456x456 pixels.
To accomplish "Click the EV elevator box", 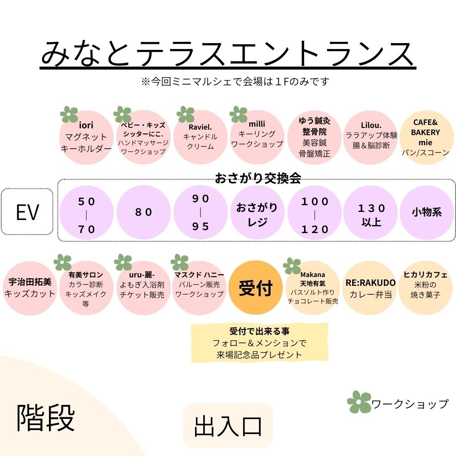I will point(27,212).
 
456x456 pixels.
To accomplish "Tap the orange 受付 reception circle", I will point(255,288).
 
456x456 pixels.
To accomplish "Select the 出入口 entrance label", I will point(228,425).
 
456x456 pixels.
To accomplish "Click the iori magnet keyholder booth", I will point(86,137).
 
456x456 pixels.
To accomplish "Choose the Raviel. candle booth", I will point(200,137).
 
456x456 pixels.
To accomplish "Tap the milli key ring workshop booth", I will point(257,137).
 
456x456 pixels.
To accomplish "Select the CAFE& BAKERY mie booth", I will point(426,137).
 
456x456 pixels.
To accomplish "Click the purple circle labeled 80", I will point(144,212).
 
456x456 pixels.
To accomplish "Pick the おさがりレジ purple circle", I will point(257,212).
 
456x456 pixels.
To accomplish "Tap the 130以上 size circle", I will point(372,212).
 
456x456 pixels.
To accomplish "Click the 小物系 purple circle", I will point(426,212).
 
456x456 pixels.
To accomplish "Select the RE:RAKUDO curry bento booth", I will point(371,288).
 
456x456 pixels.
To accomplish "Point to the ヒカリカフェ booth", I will point(426,288).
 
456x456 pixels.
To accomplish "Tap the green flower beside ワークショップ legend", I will point(358,402).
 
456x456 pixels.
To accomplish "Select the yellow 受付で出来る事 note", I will point(259,342).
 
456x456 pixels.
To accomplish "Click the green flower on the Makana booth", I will point(292,266).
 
